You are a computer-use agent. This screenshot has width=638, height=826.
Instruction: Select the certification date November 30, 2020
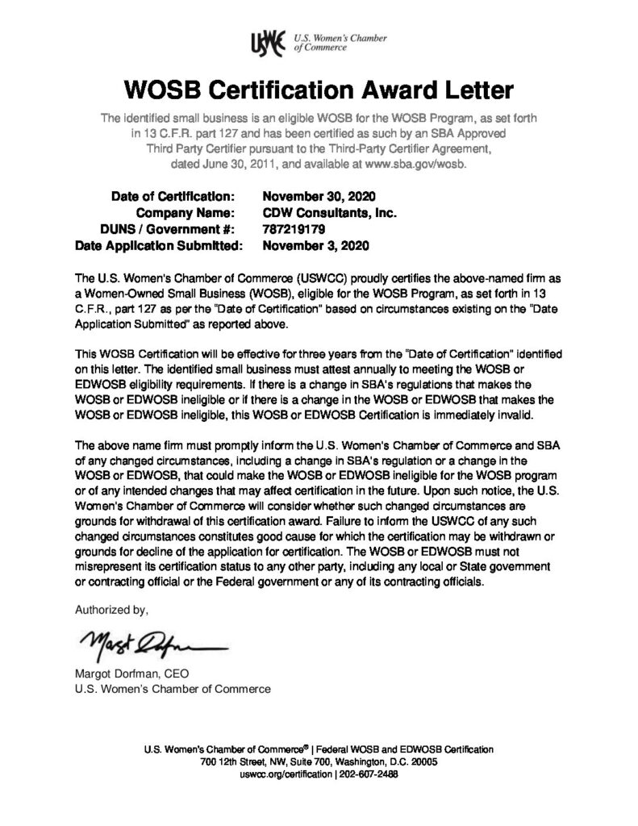[320, 196]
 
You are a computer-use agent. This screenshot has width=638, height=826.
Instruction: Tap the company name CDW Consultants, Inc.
[332, 212]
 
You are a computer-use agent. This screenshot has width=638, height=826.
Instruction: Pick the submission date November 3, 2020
[317, 244]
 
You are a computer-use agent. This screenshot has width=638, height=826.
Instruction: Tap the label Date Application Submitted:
[159, 244]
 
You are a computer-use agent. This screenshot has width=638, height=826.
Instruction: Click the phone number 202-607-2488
[368, 774]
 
